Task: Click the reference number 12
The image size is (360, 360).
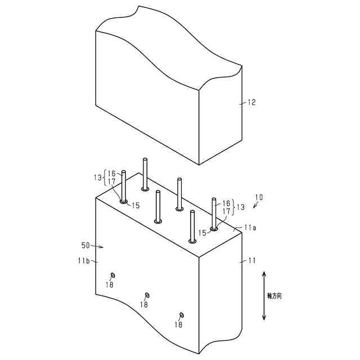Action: click(251, 102)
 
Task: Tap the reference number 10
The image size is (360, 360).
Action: click(259, 197)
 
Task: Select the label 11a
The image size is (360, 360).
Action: click(251, 228)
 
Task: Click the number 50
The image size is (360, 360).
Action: click(85, 246)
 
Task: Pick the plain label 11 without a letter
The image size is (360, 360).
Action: click(251, 260)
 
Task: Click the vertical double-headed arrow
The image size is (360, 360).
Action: click(264, 296)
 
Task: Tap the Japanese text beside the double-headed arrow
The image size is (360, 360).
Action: click(274, 295)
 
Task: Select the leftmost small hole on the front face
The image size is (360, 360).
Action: click(113, 274)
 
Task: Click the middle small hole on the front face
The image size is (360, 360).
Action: click(147, 295)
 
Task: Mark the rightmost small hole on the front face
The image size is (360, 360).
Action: click(181, 315)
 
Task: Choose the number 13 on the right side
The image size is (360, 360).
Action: click(240, 207)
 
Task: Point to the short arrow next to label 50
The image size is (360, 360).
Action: click(98, 246)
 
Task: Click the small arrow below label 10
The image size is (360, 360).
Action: click(255, 206)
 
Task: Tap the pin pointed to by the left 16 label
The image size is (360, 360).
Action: click(124, 186)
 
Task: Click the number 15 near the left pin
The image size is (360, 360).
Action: click(136, 205)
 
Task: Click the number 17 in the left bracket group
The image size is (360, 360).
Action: click(112, 182)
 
